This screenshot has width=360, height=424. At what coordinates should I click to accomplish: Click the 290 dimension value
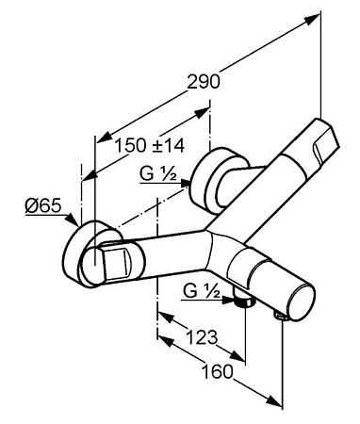click(x=204, y=82)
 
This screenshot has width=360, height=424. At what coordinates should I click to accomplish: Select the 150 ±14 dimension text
click(x=149, y=145)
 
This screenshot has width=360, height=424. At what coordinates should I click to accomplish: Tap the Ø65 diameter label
click(x=43, y=206)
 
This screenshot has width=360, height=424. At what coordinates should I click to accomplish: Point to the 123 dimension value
click(x=202, y=337)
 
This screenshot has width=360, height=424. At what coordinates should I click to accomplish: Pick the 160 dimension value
click(x=218, y=371)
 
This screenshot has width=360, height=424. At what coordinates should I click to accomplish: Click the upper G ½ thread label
click(x=158, y=173)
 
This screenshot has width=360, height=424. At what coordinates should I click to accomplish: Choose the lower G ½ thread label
click(x=202, y=291)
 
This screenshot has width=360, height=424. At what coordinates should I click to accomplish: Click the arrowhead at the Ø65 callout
click(x=73, y=220)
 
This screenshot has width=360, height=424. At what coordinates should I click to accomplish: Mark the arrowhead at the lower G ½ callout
click(x=228, y=300)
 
